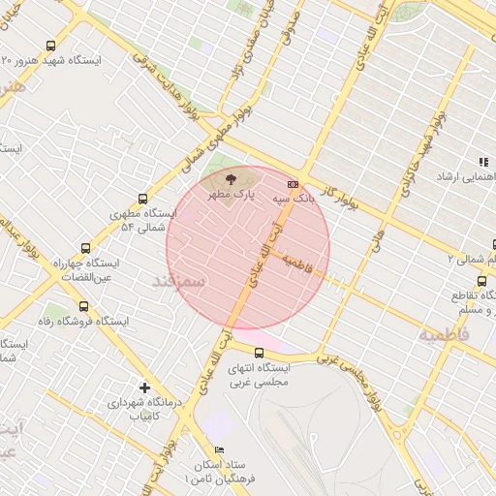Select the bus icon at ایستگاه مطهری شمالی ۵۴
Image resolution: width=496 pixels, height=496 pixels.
pos(143,198)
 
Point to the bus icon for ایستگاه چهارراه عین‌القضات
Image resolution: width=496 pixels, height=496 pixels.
pos(86,248)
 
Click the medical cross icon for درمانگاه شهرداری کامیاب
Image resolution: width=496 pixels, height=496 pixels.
pos(144,387)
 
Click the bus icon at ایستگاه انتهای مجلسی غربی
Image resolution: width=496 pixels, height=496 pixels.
pos(259,353)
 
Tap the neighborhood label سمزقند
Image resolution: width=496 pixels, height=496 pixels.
pos(178,281)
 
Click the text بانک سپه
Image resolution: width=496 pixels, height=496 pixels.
pos(268,198)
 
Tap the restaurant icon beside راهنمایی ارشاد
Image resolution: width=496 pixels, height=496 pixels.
pos(481,163)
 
